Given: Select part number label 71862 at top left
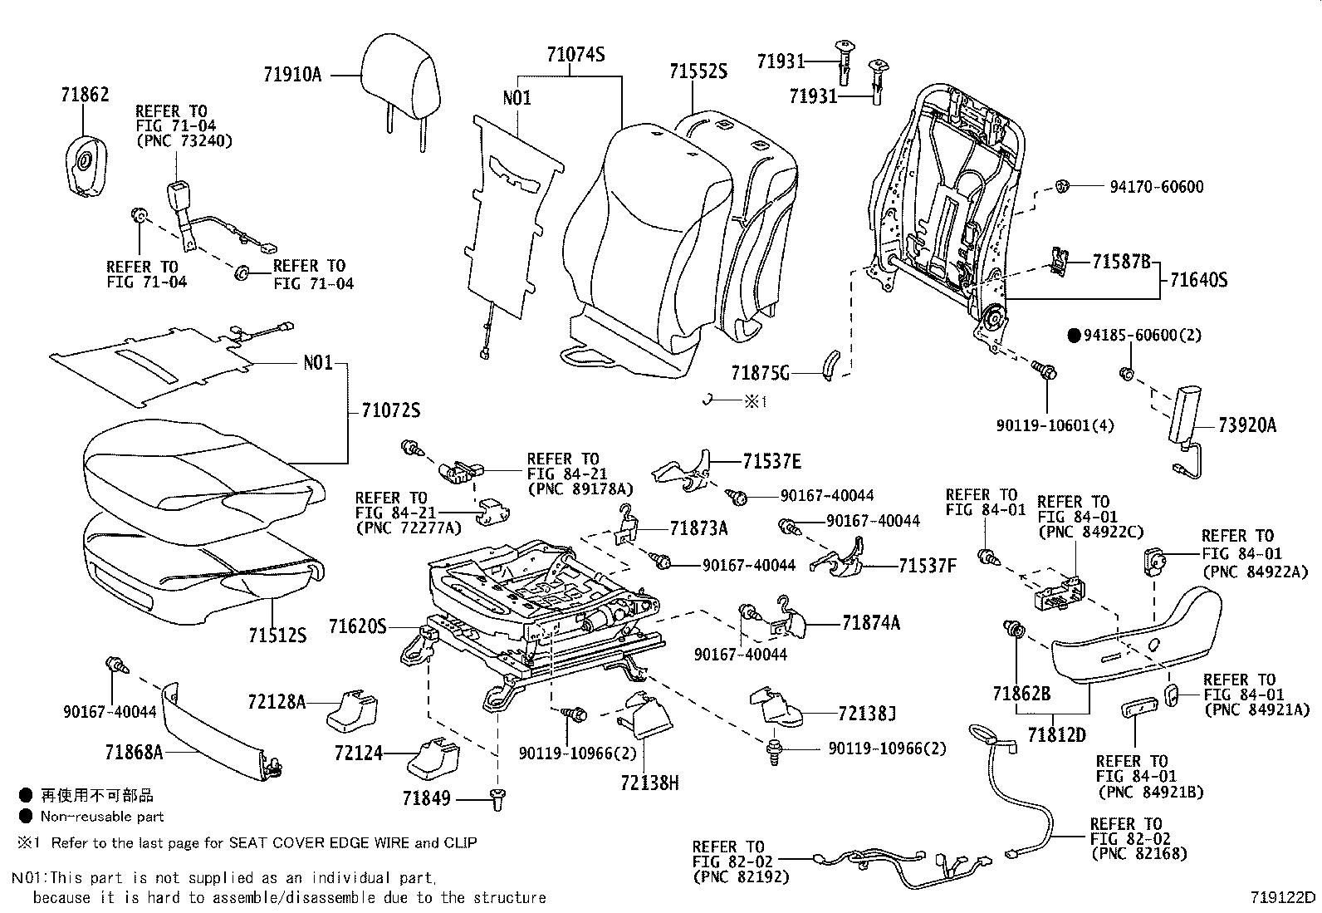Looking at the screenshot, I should coord(85,95).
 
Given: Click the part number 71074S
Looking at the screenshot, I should coord(575,56).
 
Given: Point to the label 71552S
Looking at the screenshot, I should coord(698,72).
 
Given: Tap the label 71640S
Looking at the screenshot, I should coord(1198,280).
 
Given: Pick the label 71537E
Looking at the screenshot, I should coord(772,461).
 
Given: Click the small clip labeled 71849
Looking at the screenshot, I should coord(498,799).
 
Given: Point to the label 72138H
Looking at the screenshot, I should coord(649,782).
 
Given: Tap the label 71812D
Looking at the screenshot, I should coord(1056,734).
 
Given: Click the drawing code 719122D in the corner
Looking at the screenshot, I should coord(1284,897).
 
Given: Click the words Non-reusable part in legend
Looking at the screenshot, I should coord(102,817).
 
